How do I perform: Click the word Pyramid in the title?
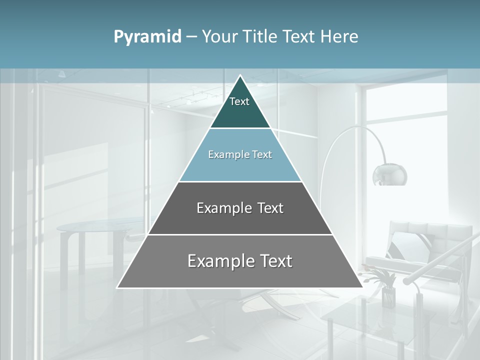coord(147,37)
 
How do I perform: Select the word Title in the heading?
coord(260,36)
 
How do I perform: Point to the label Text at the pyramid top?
coord(239,101)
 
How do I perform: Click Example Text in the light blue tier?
coord(240,154)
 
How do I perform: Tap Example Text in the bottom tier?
coord(240,261)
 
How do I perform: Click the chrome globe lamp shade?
coord(389,174)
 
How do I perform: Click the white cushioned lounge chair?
coord(425,250)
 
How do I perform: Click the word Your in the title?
coord(219,36)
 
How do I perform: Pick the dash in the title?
coord(191,37)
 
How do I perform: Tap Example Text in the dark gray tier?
coord(240,208)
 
